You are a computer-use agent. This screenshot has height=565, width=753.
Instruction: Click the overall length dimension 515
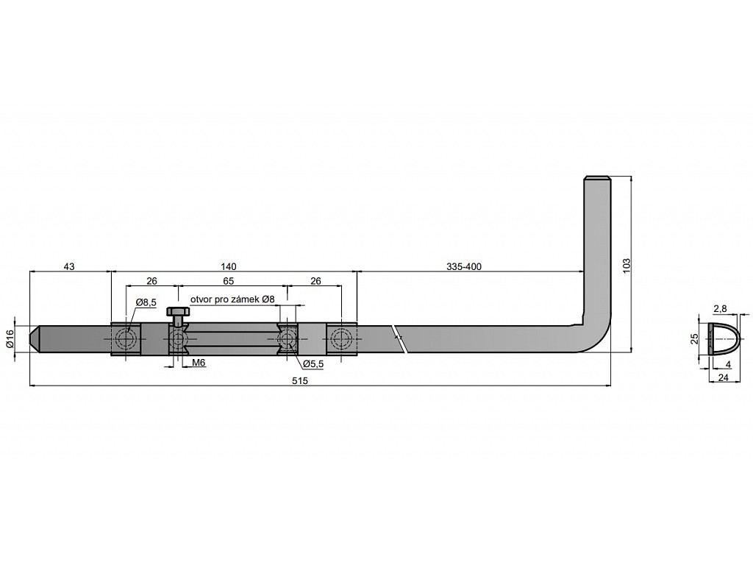(x=299, y=380)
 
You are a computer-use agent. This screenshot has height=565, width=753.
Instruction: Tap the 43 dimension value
(x=69, y=266)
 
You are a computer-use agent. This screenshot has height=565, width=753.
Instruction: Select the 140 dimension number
(x=229, y=266)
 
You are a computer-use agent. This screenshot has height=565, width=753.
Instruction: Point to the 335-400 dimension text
(x=463, y=266)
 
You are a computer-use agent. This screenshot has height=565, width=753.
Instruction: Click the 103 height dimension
(x=626, y=266)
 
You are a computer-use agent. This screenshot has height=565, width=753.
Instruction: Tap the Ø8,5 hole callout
(x=146, y=302)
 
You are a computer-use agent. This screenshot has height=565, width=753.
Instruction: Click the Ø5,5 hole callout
(x=313, y=364)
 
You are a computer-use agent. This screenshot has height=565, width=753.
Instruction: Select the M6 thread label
(x=199, y=363)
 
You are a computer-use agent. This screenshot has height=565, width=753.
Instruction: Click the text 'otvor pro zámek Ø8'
(x=232, y=299)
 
